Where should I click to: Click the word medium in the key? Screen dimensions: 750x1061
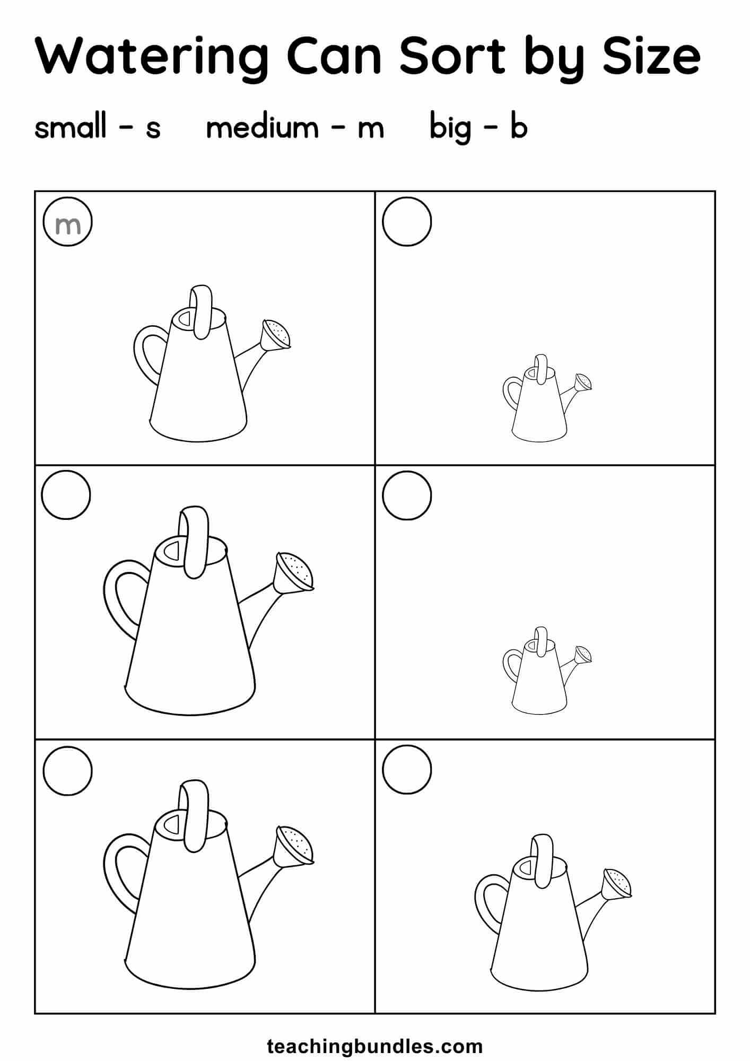point(262,127)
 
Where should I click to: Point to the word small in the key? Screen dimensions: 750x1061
point(71,127)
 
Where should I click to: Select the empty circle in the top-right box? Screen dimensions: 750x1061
point(407,222)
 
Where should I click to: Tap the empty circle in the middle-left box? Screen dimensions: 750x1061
point(66,495)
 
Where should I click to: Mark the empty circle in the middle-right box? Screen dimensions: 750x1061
point(407,495)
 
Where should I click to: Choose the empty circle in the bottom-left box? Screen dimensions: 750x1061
point(67,770)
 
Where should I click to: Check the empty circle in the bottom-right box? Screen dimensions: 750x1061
point(407,770)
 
